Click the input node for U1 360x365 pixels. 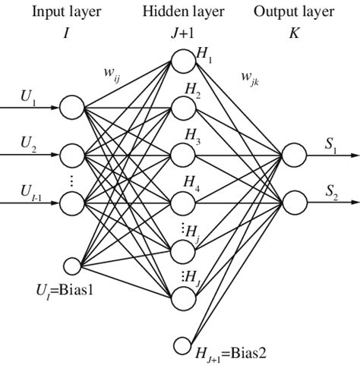click(x=72, y=108)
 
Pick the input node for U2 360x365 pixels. click(x=72, y=155)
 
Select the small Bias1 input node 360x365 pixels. click(x=71, y=265)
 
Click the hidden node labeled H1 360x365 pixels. click(x=182, y=59)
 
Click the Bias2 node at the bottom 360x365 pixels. click(x=182, y=345)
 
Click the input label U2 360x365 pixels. click(x=27, y=143)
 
